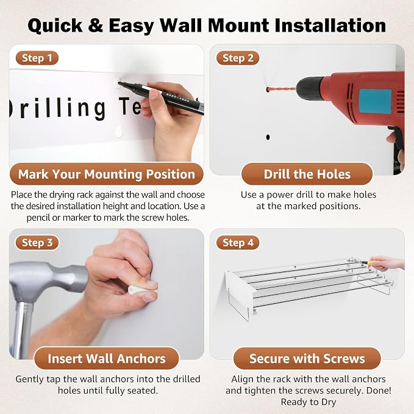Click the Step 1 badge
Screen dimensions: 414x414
37,58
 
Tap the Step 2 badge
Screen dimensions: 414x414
238,58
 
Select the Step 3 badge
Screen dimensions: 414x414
37,243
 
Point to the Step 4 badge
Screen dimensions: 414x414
238,243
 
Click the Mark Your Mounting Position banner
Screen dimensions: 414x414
107,174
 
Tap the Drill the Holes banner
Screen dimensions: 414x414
307,174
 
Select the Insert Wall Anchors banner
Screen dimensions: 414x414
107,359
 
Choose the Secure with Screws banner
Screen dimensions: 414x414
307,359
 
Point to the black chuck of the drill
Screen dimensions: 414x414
309,89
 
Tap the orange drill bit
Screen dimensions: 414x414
282,89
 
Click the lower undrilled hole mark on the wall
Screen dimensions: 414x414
268,137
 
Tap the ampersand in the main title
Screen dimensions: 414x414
95,26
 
